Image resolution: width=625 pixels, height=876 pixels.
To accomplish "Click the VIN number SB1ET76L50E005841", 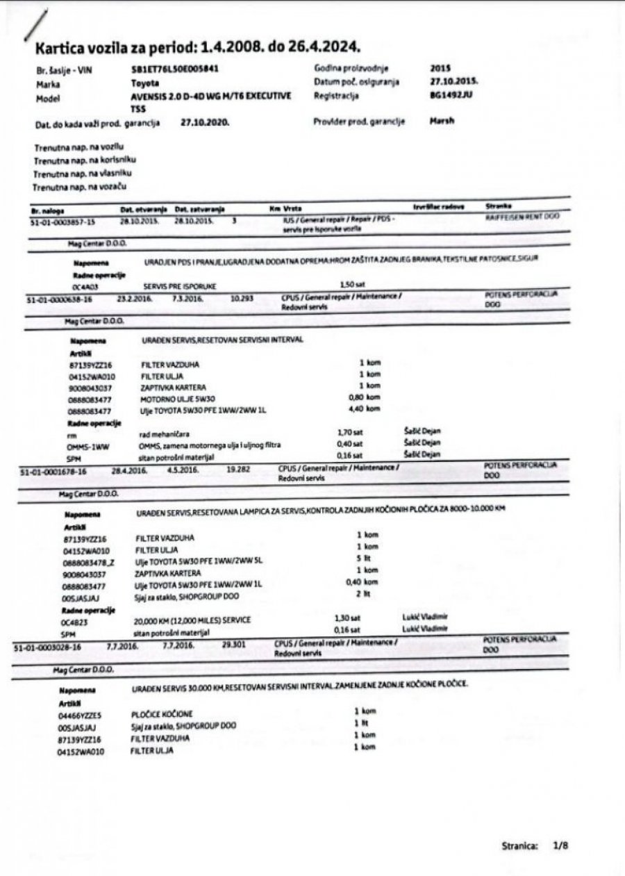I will pos(175,70).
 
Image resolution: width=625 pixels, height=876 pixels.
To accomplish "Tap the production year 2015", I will pos(440,68).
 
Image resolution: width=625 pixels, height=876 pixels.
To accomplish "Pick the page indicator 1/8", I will pos(561,846).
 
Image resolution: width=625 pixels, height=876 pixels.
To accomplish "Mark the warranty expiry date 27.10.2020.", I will pos(204,122).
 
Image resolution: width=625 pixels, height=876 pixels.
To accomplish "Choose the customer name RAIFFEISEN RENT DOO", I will pos(522,217).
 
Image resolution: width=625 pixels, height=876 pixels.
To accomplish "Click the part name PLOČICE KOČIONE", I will pos(162,714).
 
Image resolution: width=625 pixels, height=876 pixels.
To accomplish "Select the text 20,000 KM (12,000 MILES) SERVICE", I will pos(192,620).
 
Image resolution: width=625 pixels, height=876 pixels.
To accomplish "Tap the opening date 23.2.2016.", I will pos(131,297).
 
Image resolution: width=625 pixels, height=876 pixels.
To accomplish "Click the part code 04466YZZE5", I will pos(81,714).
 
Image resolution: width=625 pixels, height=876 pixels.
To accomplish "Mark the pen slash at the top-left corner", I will pos(35,26).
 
